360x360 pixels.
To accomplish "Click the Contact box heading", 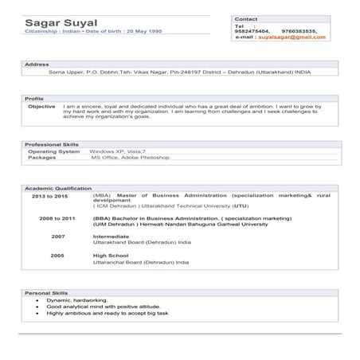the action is pos(247,18).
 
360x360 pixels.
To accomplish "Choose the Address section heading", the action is pos(37,63).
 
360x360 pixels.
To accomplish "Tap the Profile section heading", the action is pos(35,98).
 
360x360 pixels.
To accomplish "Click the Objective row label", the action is pos(41,106).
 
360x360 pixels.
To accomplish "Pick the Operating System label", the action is pos(53,151).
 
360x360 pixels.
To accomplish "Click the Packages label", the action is pos(42,157).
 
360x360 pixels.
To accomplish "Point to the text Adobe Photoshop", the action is pos(145,157).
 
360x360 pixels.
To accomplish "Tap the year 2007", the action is pos(57,237).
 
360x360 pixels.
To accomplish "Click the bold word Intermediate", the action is pos(111,237).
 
